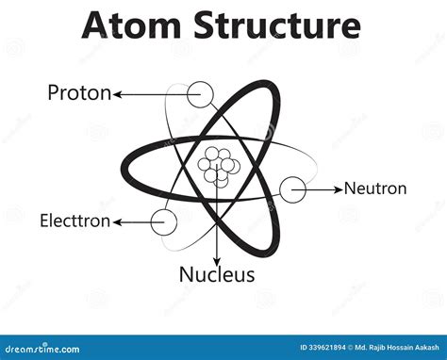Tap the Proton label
tap(79, 92)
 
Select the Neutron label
tap(375, 188)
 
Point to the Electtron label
tap(74, 221)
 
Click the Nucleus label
tap(217, 275)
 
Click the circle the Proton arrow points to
tap(200, 93)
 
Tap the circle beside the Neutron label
tap(292, 188)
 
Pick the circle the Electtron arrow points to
tap(164, 221)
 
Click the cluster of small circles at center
tap(218, 166)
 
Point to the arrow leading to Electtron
tap(132, 221)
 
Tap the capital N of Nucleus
tap(186, 275)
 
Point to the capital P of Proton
tap(54, 92)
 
